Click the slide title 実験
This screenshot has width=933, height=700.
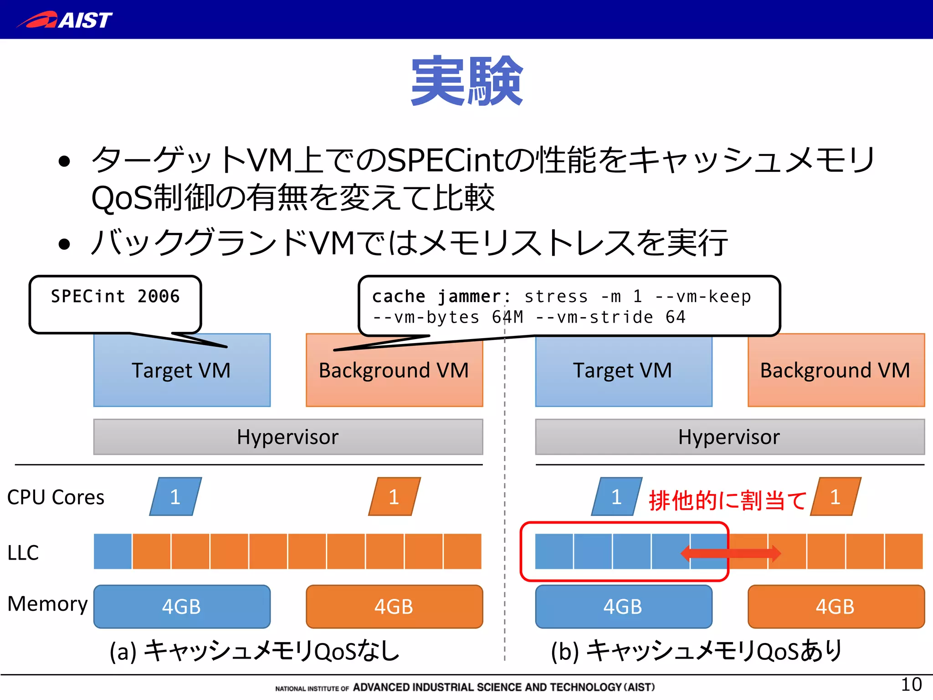(466, 81)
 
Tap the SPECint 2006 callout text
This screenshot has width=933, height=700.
(115, 297)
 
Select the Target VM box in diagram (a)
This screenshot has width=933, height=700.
(181, 370)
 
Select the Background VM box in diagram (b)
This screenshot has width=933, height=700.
(836, 370)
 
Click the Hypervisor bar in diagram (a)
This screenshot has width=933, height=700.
(288, 437)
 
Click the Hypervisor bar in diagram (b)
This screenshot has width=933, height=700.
(729, 437)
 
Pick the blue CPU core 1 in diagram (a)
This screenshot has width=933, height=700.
(175, 497)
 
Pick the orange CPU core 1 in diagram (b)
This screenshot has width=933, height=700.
(836, 497)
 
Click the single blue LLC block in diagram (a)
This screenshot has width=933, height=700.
(113, 551)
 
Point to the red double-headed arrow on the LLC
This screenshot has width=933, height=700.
(730, 554)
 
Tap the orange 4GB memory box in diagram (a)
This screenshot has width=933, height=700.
(394, 607)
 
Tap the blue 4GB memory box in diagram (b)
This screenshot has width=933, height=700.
(623, 607)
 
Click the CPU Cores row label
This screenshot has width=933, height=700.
(56, 497)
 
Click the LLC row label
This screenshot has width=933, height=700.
(23, 553)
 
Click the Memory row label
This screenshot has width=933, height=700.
(47, 604)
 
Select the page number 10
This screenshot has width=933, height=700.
(911, 685)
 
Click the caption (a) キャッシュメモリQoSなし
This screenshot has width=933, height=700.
(254, 651)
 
